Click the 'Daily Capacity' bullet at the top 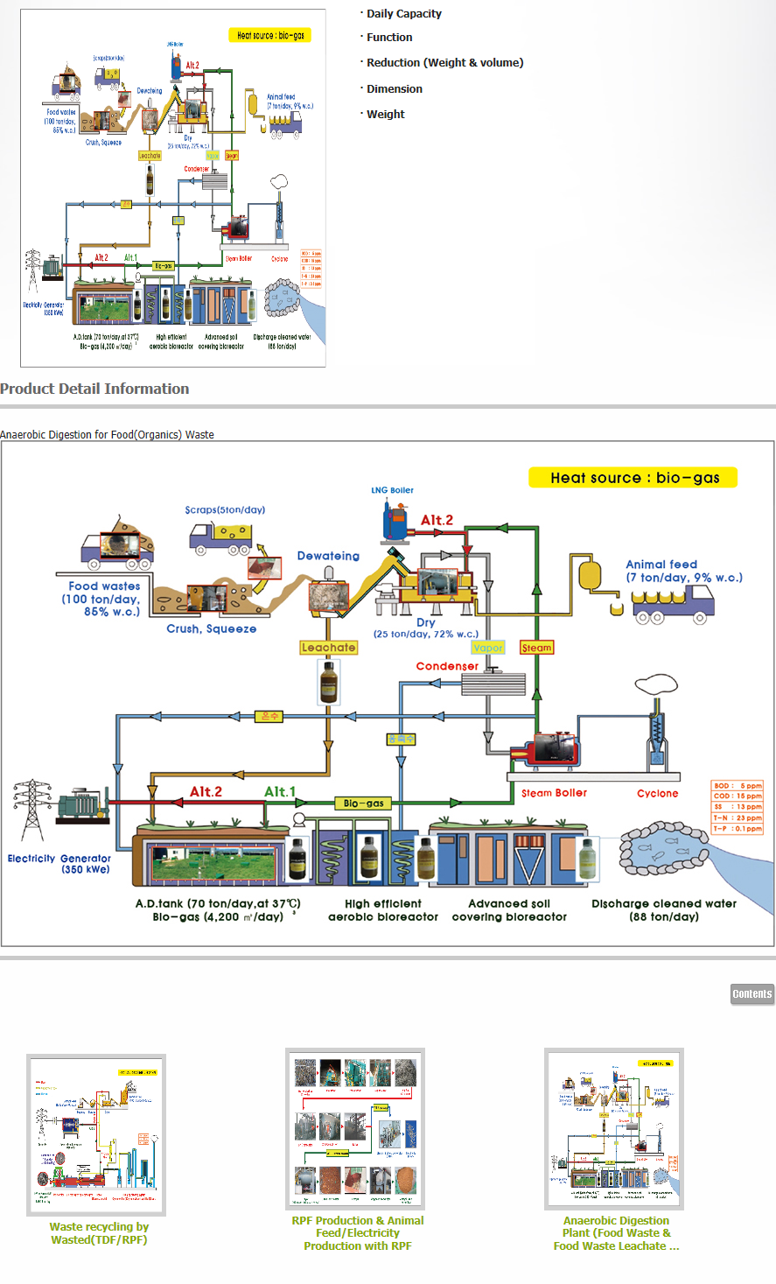403,14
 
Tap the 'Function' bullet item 389,38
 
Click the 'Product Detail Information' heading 94,389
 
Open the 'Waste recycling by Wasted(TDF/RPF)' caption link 99,1233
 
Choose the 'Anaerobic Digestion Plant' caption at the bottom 616,1233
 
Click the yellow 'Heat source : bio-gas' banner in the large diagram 634,478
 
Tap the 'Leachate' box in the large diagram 328,648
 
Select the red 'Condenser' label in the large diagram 447,666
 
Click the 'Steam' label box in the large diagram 536,648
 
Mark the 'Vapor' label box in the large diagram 487,648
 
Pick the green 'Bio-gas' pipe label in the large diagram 363,803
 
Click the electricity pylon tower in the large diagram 31,810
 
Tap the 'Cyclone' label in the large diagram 657,794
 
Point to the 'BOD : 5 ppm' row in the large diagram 738,786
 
